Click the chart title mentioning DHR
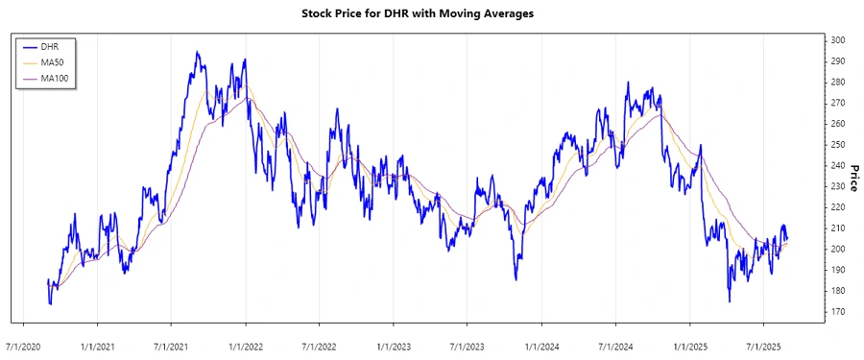pos(431,13)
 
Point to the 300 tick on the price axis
pos(838,40)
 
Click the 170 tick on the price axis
pos(838,312)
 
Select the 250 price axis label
pos(838,145)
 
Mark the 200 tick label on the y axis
pos(838,250)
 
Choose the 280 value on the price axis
pos(838,83)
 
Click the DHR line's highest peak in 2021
pos(197,52)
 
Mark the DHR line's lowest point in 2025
pos(729,301)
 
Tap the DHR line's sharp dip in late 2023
pos(516,279)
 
